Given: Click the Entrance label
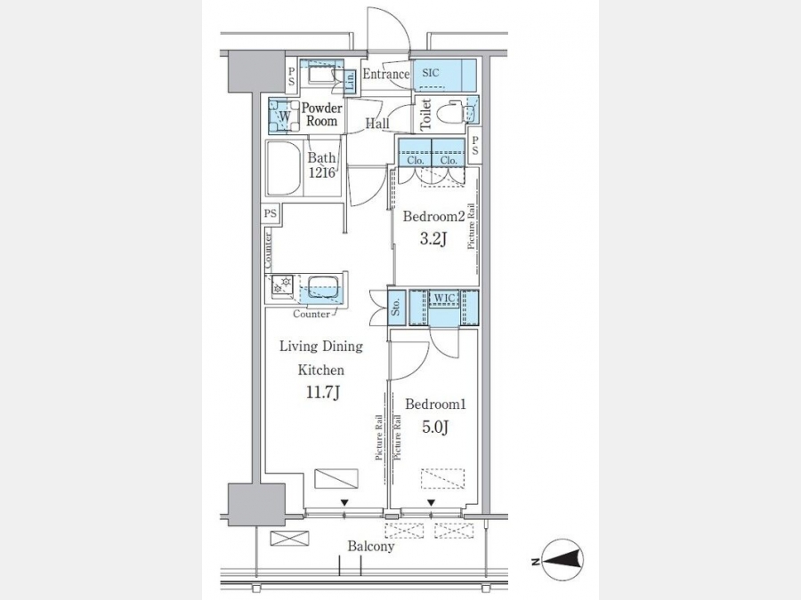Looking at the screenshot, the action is click(x=385, y=74).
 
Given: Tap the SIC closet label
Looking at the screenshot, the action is click(x=431, y=73).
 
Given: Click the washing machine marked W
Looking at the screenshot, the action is click(x=284, y=116).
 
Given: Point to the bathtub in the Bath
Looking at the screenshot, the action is click(x=284, y=168).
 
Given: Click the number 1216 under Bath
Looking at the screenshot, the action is click(x=321, y=172).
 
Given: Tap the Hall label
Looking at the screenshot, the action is click(x=377, y=123).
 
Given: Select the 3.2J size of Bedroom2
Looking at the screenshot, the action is click(x=433, y=238).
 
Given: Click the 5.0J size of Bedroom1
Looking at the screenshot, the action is click(x=434, y=427).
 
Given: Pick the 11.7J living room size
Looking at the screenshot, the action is click(x=323, y=392).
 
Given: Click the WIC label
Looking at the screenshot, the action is click(x=444, y=298).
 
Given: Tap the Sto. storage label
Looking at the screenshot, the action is click(x=396, y=308).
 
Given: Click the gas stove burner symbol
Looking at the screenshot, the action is click(x=282, y=284).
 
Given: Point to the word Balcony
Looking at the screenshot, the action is click(x=371, y=547).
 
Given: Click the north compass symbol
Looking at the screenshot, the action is click(x=562, y=560).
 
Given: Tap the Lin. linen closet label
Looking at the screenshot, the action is click(x=351, y=82).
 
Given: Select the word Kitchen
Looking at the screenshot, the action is click(x=320, y=370).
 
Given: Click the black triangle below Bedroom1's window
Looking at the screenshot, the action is click(x=431, y=503).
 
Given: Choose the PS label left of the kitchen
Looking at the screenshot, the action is click(x=271, y=212).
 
